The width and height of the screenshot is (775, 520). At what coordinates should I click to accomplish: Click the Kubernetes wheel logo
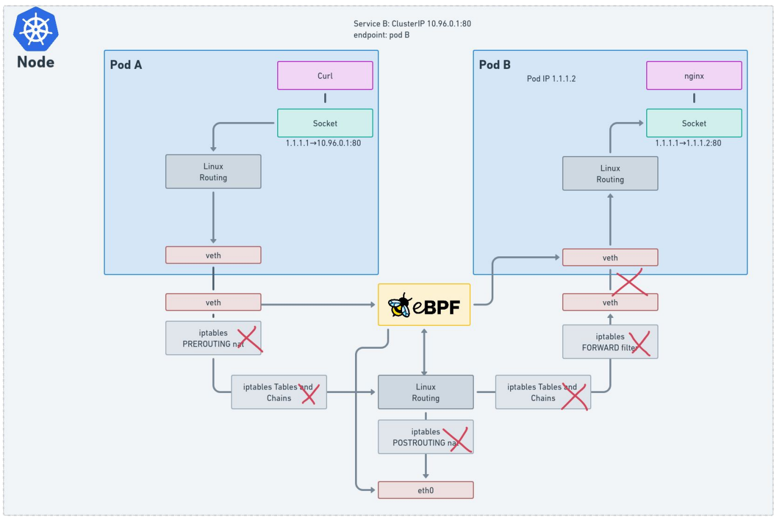(x=36, y=30)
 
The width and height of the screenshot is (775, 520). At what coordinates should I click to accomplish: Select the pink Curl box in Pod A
(x=325, y=76)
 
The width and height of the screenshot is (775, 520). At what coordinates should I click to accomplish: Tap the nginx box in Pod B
(x=694, y=76)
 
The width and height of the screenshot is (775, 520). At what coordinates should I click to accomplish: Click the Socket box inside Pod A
(x=325, y=123)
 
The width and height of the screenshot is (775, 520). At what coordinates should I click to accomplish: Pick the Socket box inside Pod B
(x=694, y=123)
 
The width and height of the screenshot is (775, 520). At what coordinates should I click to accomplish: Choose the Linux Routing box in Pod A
(x=213, y=171)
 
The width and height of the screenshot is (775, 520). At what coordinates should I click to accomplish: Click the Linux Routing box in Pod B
(x=610, y=173)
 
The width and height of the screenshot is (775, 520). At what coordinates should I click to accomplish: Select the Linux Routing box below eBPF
(x=426, y=392)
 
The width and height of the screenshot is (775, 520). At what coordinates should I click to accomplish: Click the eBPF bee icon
(x=400, y=305)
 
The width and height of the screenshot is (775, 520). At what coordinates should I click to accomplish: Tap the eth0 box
(x=426, y=490)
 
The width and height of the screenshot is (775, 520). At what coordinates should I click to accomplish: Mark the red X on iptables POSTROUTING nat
(x=457, y=440)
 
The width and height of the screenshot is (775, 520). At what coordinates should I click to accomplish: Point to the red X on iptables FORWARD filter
(x=639, y=344)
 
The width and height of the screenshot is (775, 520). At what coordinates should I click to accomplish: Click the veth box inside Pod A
(x=213, y=255)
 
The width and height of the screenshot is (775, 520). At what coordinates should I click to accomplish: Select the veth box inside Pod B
(x=610, y=257)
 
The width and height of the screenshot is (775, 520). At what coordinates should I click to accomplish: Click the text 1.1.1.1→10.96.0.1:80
(x=323, y=143)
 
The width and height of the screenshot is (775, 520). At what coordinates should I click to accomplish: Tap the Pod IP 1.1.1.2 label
(x=551, y=79)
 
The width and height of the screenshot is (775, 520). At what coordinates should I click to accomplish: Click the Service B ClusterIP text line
(x=412, y=24)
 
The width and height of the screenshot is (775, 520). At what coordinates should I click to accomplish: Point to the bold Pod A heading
(x=126, y=65)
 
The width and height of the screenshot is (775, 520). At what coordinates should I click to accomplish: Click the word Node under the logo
(x=36, y=62)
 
